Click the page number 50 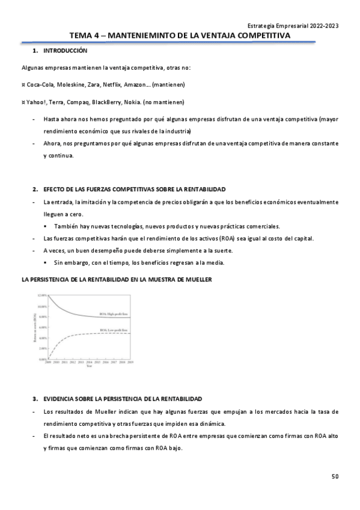tap(335, 477)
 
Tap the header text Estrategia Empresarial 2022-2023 tap(293, 25)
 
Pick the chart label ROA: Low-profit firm tap(112, 330)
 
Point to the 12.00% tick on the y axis tap(41, 296)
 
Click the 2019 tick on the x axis tap(130, 363)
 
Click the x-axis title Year tap(89, 367)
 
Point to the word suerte tap(223, 250)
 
